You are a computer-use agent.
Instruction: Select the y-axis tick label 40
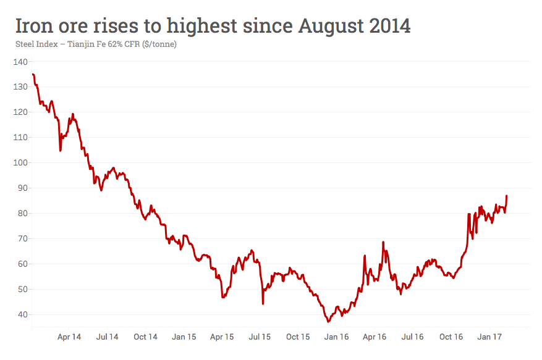[22, 314]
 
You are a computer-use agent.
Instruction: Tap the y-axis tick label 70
[22, 238]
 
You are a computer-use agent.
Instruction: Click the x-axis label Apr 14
[69, 337]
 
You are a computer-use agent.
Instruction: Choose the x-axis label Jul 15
[260, 337]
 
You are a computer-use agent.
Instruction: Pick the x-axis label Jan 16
[337, 337]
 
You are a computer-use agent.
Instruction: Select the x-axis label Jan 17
[489, 337]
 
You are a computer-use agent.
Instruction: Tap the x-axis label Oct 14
[145, 337]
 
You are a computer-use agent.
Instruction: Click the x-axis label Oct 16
[451, 337]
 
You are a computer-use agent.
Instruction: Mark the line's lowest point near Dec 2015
[328, 322]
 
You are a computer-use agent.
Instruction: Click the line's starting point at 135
[32, 74]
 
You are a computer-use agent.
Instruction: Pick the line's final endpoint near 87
[507, 196]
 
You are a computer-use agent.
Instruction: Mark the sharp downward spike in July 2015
[263, 303]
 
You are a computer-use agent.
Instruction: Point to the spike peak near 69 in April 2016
[383, 242]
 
